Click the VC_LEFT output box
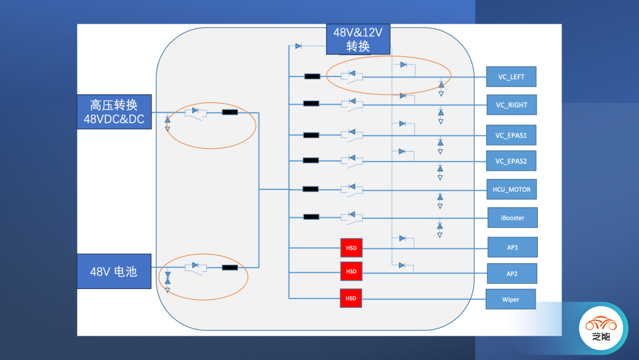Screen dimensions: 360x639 point(511,77)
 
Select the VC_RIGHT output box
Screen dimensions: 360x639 point(511,105)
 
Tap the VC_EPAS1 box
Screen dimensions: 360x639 point(511,135)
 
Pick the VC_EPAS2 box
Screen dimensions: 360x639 point(511,161)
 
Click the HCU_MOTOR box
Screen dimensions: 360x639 point(511,190)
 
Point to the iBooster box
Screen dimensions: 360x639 point(512,218)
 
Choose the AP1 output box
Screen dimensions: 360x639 point(512,247)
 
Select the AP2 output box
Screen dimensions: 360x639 point(512,273)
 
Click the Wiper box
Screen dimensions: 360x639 point(511,299)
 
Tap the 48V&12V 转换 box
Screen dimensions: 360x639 point(358,40)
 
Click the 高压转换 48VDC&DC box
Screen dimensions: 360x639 point(114,112)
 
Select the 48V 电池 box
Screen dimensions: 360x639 point(114,271)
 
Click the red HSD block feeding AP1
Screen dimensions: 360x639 point(351,248)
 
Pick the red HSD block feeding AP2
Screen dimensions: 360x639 point(351,271)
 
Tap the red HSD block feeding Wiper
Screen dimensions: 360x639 point(351,298)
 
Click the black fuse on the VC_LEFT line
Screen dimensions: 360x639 point(312,76)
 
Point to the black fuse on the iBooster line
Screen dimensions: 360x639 point(311,217)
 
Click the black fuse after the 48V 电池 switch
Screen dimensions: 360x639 point(230,268)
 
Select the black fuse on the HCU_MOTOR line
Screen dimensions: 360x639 point(311,189)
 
